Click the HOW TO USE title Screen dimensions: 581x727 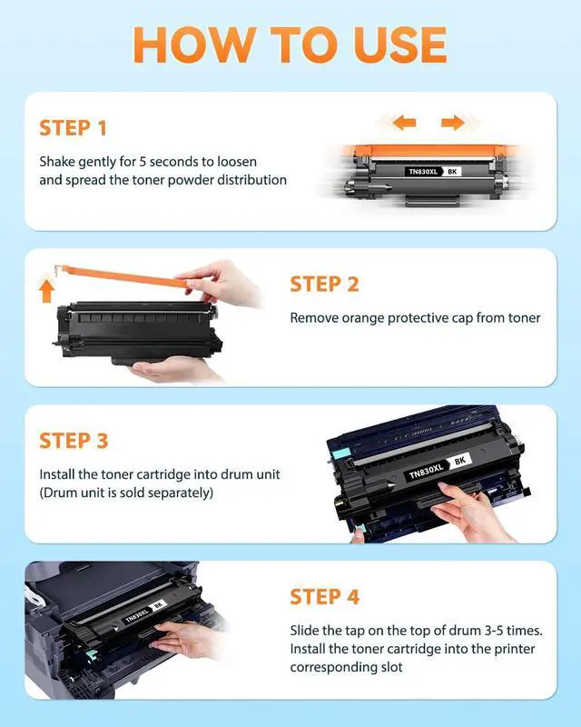[x=290, y=45]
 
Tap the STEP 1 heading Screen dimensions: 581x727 [x=74, y=128]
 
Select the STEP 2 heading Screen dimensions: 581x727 [x=324, y=284]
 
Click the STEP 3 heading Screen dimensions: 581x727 [x=74, y=441]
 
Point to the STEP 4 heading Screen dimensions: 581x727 [x=325, y=597]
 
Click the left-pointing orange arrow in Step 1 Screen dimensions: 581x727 [x=404, y=123]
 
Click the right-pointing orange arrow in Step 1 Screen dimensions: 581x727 [x=453, y=123]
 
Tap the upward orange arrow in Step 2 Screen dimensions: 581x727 [x=46, y=291]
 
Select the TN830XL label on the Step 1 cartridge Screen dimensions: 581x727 [x=422, y=172]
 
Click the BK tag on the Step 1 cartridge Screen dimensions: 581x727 [x=452, y=172]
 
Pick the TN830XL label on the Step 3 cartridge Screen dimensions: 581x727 [x=427, y=471]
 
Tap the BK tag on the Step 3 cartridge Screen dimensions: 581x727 [x=460, y=461]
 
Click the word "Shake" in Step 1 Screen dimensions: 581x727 [x=57, y=162]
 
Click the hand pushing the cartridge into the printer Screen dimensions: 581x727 [x=188, y=639]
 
